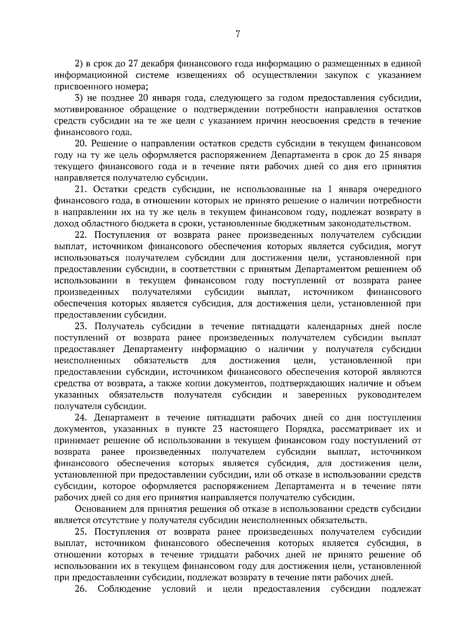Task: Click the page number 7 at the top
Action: click(238, 34)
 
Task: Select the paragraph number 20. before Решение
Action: click(82, 144)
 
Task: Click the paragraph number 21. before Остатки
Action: click(82, 189)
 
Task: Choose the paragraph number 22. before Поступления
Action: click(82, 235)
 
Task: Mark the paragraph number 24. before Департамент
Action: click(82, 418)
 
